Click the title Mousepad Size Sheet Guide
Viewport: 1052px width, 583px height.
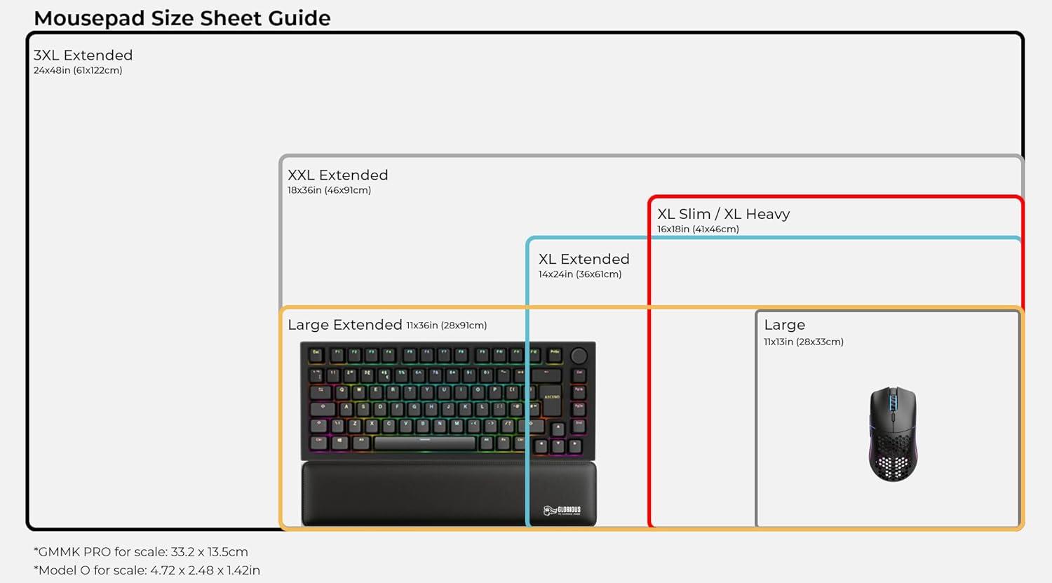[182, 18]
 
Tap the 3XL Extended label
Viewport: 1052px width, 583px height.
[83, 55]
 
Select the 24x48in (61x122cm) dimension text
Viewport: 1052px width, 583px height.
[78, 70]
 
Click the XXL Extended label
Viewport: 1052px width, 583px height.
[337, 175]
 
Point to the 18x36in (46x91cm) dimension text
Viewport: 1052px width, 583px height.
[329, 190]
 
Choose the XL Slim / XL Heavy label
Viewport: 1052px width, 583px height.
[723, 214]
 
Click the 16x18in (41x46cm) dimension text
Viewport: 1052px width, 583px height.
[698, 229]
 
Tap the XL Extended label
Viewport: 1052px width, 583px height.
[584, 260]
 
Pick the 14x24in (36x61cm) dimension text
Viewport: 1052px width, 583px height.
[579, 274]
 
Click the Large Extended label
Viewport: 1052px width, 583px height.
[344, 325]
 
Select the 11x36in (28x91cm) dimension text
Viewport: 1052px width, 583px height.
[446, 326]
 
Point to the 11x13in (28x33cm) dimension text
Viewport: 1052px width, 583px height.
[803, 342]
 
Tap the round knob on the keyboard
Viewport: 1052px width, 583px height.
[579, 356]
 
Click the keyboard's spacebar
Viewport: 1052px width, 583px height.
[424, 443]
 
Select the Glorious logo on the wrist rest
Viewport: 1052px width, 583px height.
[562, 510]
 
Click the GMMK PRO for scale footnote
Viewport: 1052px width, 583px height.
[141, 552]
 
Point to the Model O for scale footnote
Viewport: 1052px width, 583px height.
[147, 570]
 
